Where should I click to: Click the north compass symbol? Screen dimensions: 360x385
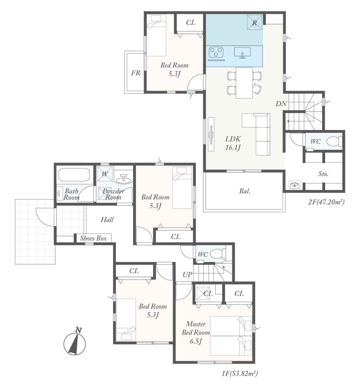pyautogui.click(x=75, y=342)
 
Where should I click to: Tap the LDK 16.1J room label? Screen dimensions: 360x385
pyautogui.click(x=233, y=143)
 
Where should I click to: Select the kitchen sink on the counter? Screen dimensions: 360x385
pyautogui.click(x=243, y=53)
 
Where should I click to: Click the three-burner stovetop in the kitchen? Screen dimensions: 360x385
pyautogui.click(x=216, y=52)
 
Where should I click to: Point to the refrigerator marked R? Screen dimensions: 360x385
pyautogui.click(x=255, y=22)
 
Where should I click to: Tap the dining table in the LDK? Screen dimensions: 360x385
pyautogui.click(x=244, y=83)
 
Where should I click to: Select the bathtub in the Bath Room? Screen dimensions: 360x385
pyautogui.click(x=73, y=175)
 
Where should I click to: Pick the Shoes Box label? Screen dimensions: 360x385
pyautogui.click(x=93, y=238)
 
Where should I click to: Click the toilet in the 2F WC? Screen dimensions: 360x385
pyautogui.click(x=334, y=141)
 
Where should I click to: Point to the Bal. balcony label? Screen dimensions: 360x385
pyautogui.click(x=245, y=191)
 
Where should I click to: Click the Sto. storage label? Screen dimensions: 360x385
pyautogui.click(x=323, y=174)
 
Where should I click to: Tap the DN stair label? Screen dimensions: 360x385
pyautogui.click(x=281, y=103)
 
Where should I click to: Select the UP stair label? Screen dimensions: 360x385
pyautogui.click(x=188, y=274)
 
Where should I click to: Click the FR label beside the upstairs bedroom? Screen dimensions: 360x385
pyautogui.click(x=136, y=73)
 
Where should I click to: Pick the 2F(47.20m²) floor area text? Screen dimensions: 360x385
pyautogui.click(x=326, y=202)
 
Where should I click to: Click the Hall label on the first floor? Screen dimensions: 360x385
pyautogui.click(x=107, y=219)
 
